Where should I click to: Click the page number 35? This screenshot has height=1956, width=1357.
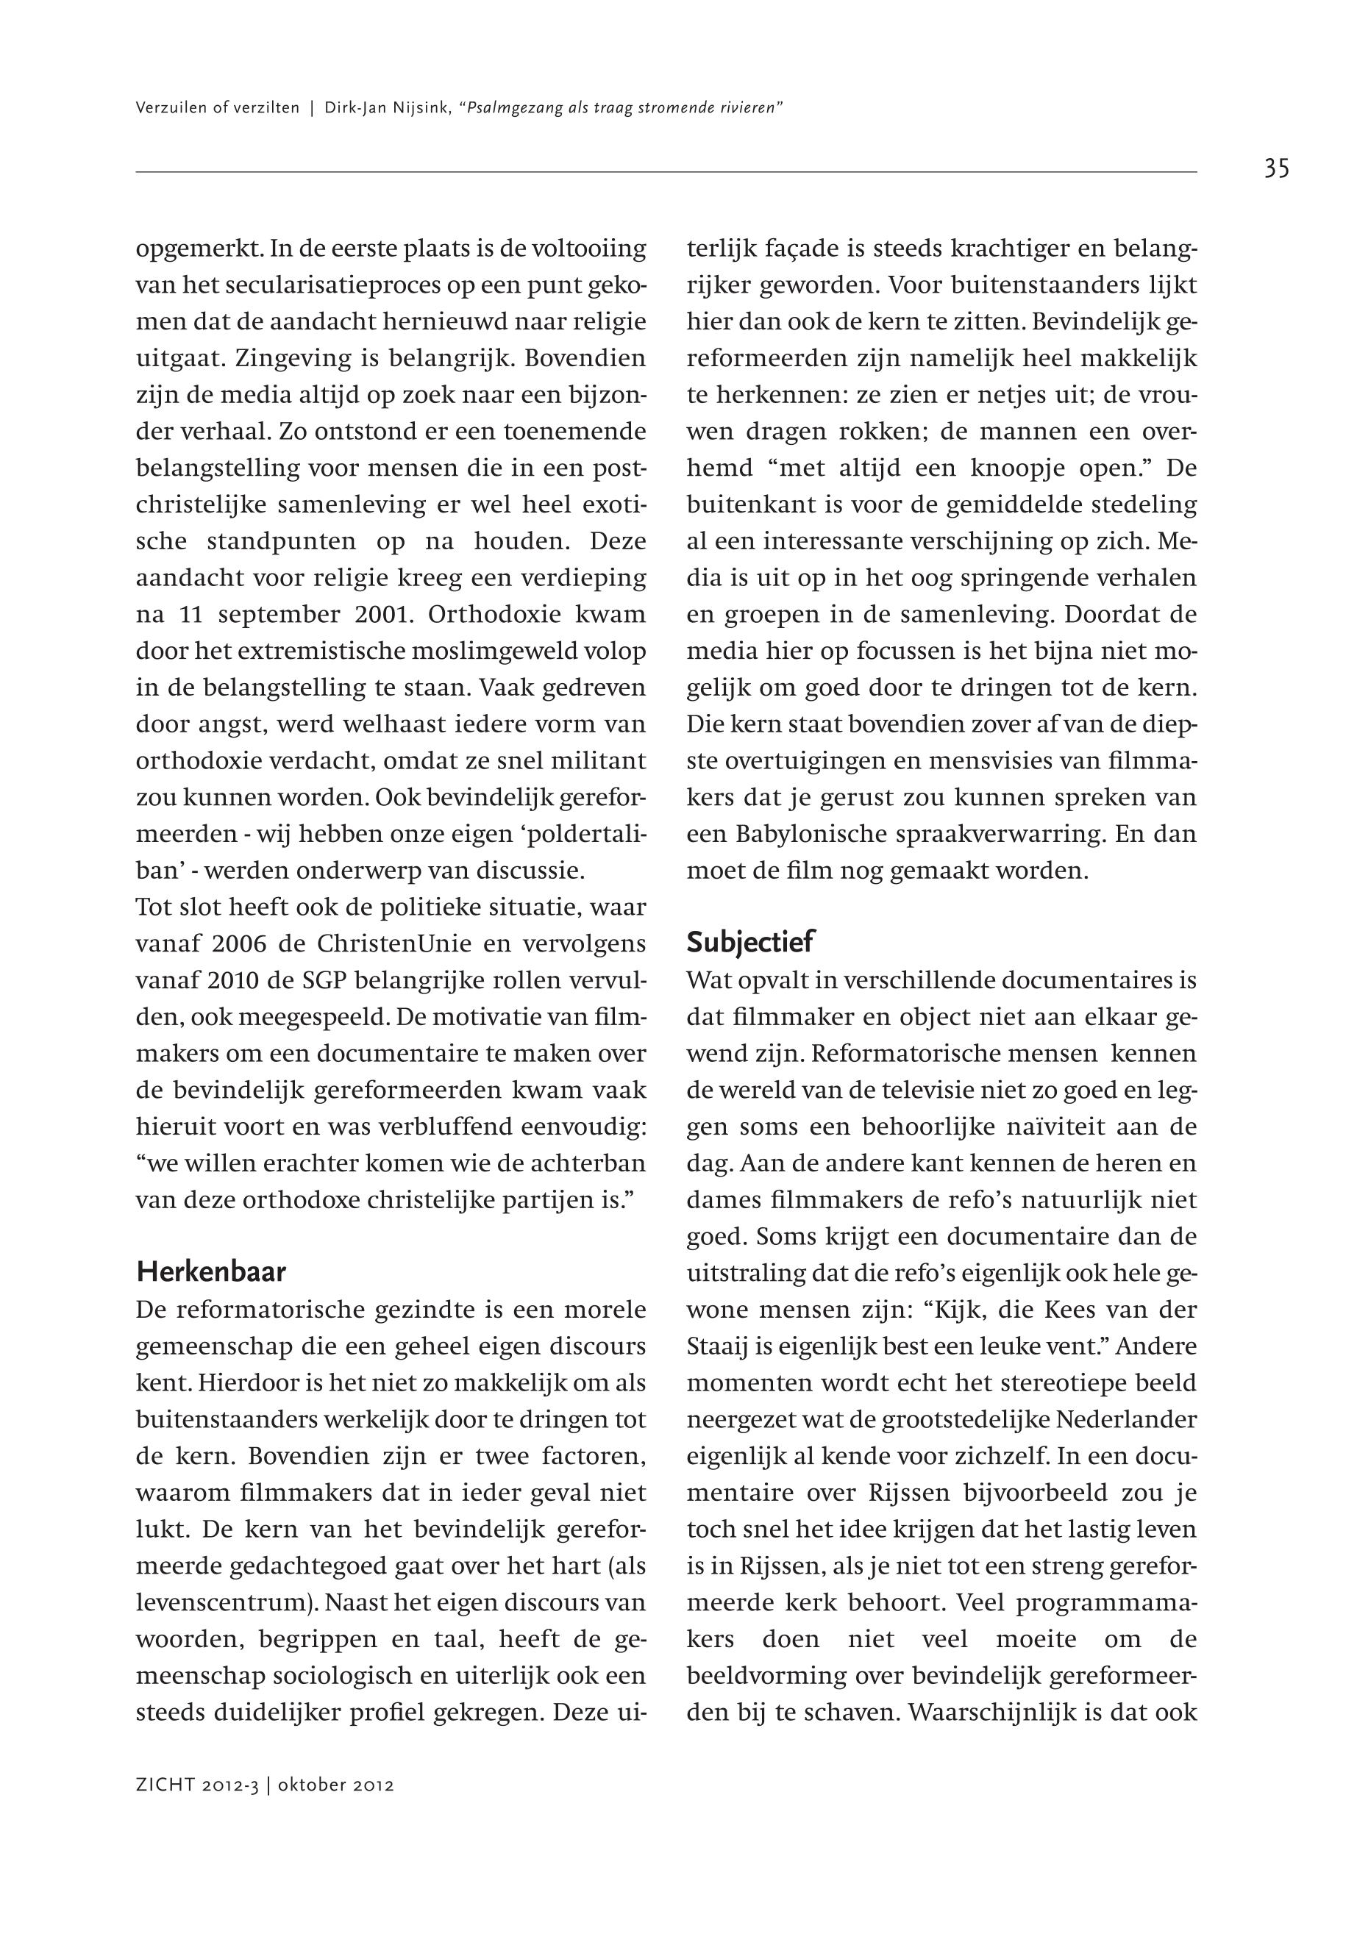click(1275, 169)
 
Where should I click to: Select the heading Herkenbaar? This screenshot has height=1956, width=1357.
click(211, 1273)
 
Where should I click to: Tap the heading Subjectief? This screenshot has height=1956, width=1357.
click(750, 942)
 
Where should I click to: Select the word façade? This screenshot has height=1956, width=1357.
click(800, 249)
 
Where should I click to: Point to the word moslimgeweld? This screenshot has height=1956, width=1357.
click(502, 652)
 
